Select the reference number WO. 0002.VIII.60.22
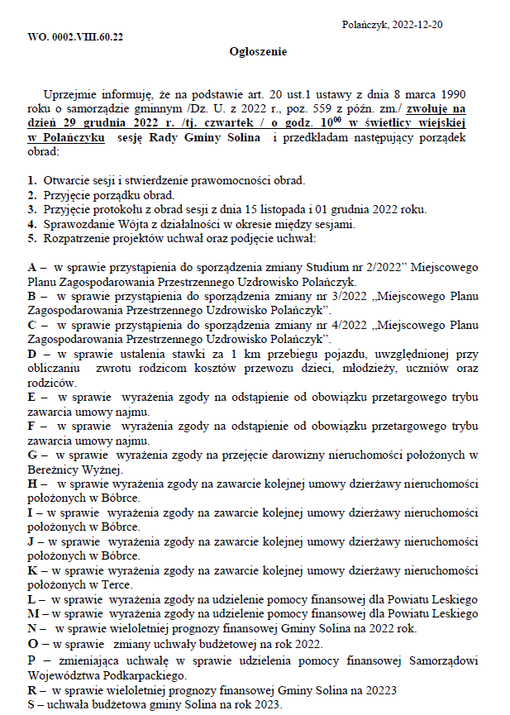coord(76,38)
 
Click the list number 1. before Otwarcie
coord(32,180)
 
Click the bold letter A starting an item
coord(32,268)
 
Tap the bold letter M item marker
coord(33,613)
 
